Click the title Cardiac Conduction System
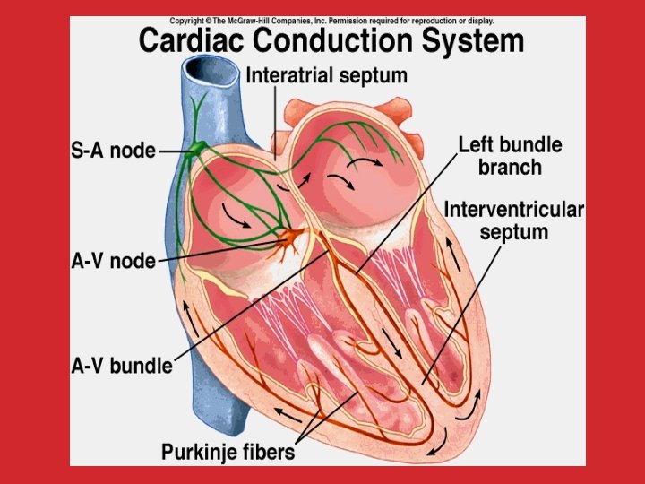(x=331, y=41)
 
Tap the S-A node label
(x=113, y=151)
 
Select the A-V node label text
(x=113, y=262)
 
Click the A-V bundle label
(x=122, y=366)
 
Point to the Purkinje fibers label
(x=228, y=452)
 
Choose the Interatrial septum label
(x=326, y=76)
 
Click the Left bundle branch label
(x=510, y=155)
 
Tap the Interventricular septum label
(x=514, y=220)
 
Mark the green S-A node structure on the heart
(x=194, y=151)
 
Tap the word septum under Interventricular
(x=514, y=233)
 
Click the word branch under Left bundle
(x=510, y=167)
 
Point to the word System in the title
(x=477, y=41)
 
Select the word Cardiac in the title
(x=190, y=41)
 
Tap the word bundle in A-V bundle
(x=142, y=366)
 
